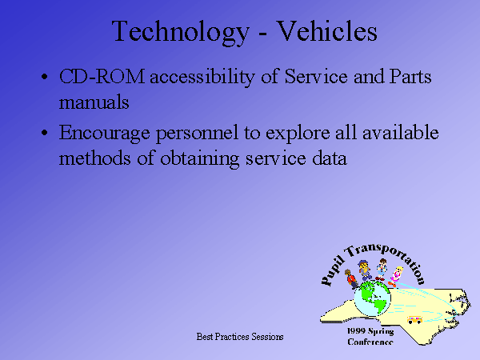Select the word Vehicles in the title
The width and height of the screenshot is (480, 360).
tap(327, 30)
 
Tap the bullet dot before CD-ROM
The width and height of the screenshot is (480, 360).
tap(45, 77)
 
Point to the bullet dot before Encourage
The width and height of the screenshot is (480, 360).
tap(45, 133)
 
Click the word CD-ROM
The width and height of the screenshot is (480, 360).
tap(102, 76)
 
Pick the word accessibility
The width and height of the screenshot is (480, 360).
tap(202, 78)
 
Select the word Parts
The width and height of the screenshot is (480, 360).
tap(410, 76)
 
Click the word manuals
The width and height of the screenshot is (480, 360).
tap(94, 102)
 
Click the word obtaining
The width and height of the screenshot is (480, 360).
tap(199, 159)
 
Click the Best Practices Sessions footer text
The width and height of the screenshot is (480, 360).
tap(240, 337)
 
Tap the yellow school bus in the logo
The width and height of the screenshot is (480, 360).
tap(414, 319)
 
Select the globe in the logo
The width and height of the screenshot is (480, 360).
tap(372, 298)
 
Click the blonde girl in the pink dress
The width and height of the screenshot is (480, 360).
tap(395, 277)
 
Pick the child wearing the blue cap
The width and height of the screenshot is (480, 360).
tap(364, 270)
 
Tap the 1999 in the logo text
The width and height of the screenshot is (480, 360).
tap(356, 331)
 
